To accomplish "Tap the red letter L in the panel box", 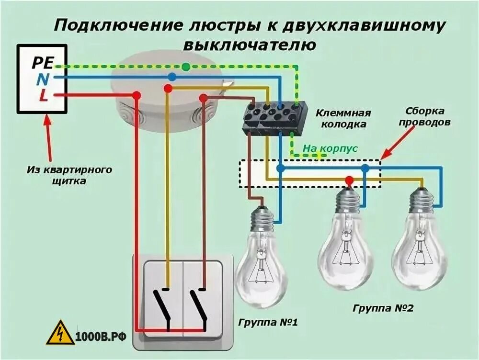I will click(44, 95).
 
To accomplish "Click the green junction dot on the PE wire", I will click(186, 67).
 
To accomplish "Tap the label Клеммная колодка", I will click(343, 119).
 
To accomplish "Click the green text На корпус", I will click(330, 149).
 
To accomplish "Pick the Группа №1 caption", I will click(268, 323).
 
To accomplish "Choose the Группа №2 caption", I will click(383, 308).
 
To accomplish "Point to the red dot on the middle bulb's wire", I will click(350, 180).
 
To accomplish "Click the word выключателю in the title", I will click(249, 45).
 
